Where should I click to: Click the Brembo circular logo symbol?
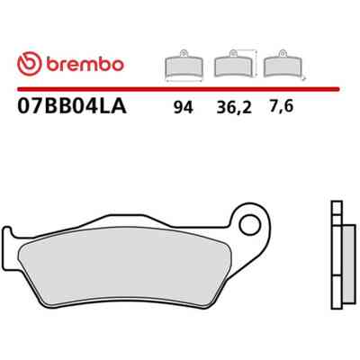[x=29, y=64]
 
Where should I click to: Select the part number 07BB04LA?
[x=72, y=107]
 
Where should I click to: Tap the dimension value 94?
[x=184, y=108]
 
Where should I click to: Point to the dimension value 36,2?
[x=234, y=108]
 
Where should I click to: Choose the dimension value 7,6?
[x=281, y=106]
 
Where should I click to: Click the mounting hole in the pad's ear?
[x=249, y=225]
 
